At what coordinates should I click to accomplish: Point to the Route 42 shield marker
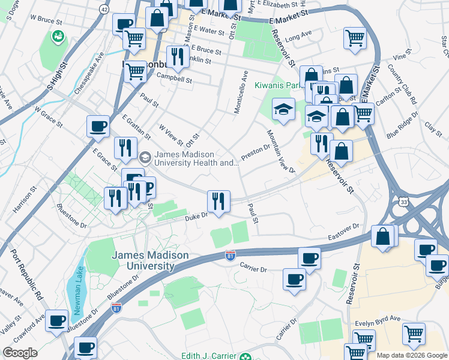click(x=104, y=10)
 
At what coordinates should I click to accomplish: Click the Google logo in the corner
click(x=20, y=353)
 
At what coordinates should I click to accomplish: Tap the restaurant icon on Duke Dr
click(x=218, y=200)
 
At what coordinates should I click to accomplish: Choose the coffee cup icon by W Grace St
click(x=98, y=127)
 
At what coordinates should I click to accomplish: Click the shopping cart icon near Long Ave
click(x=355, y=38)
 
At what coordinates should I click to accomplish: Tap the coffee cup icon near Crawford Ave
click(x=56, y=320)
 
